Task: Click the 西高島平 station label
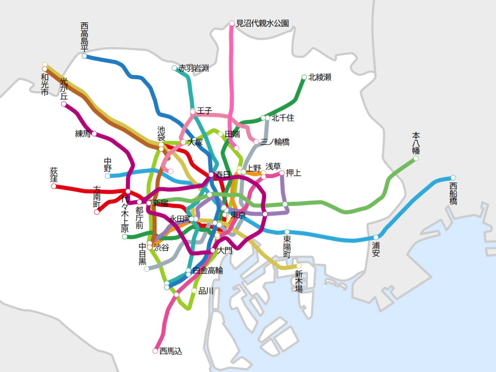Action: pos(84,37)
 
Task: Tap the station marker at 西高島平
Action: pos(84,56)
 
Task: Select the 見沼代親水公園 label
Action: pos(262,23)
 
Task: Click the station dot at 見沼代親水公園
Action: pos(232,23)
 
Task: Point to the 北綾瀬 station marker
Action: pos(304,77)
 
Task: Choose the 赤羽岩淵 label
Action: pos(193,68)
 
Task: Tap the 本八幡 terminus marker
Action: pos(416,158)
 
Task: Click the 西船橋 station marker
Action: pos(453,178)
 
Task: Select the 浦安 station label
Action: pos(376,249)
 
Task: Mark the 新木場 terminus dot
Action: pos(299,266)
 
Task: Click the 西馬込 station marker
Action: pos(155,351)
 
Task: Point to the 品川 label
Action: pos(206,291)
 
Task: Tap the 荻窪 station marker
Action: pos(54,186)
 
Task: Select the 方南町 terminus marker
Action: pos(97,212)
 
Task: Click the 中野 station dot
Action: pos(108,176)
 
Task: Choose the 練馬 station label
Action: pos(83,134)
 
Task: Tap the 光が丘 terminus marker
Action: pos(64,104)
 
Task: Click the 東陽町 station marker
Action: pos(287,232)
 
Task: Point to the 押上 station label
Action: pos(293,173)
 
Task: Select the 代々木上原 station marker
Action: pos(125,237)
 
